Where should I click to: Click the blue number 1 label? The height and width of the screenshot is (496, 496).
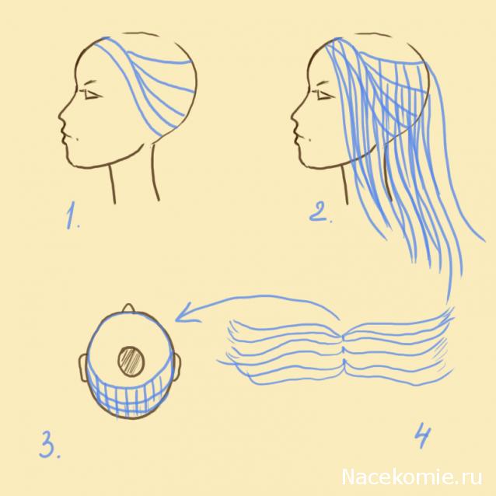(73, 215)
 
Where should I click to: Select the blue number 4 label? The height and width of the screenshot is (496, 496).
(423, 436)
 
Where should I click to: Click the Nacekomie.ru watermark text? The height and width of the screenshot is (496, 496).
(412, 477)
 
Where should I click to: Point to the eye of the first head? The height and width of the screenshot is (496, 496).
(93, 95)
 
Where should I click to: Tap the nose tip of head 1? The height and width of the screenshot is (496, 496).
(59, 119)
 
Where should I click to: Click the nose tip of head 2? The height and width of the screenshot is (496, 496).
(292, 119)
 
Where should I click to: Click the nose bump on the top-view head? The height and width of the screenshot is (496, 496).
(129, 308)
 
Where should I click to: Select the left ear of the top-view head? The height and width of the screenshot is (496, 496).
(83, 368)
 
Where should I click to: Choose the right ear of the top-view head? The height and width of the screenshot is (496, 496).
(178, 367)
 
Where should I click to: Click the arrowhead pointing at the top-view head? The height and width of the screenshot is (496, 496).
(185, 313)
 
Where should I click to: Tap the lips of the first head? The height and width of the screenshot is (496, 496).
(64, 136)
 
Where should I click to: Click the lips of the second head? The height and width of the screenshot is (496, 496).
(297, 136)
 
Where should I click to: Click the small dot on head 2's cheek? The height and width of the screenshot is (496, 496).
(309, 138)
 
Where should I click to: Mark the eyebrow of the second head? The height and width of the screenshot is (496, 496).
(323, 84)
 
